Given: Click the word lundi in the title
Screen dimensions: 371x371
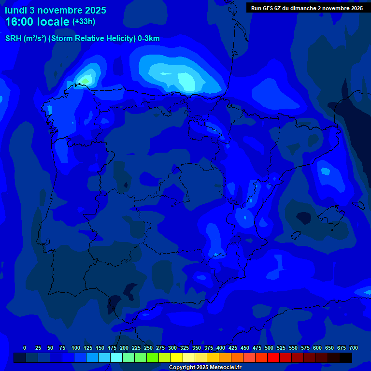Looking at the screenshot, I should [16, 10].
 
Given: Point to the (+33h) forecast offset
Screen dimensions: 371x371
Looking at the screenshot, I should [84, 22].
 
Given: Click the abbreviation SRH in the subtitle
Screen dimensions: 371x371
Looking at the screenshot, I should [14, 39].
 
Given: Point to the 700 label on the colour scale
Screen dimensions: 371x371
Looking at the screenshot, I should [353, 348].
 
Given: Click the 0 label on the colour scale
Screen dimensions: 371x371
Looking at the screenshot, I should [25, 348].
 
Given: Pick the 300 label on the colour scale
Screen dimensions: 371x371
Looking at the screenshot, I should [172, 348].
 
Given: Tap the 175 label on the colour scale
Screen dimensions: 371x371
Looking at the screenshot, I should [112, 348].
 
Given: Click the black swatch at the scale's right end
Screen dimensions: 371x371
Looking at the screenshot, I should [345, 357].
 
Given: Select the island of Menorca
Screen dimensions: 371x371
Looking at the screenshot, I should [358, 204].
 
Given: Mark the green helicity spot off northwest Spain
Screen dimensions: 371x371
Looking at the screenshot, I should [86, 80].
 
